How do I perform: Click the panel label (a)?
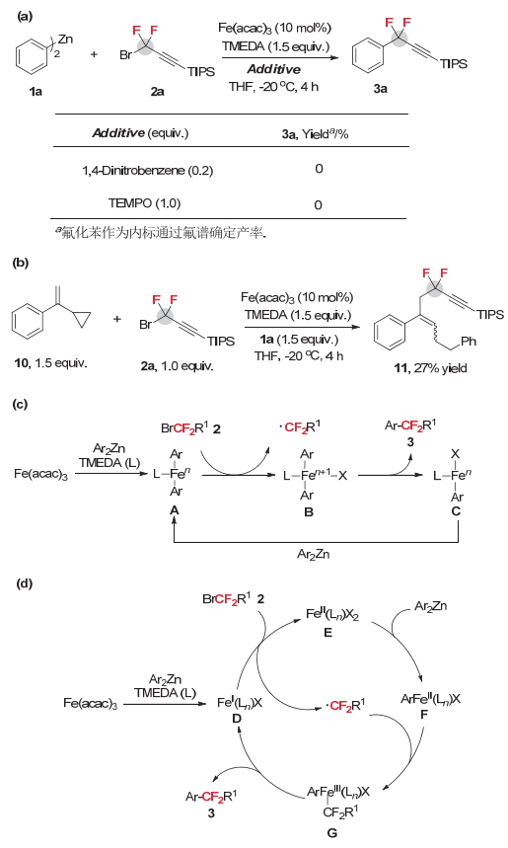pyautogui.click(x=25, y=16)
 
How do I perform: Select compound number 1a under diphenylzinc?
pyautogui.click(x=36, y=91)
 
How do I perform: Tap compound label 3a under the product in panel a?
pyautogui.click(x=380, y=88)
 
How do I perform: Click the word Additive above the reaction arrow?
pyautogui.click(x=274, y=69)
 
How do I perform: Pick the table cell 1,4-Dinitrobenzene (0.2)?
pyautogui.click(x=148, y=171)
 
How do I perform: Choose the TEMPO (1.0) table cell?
pyautogui.click(x=144, y=203)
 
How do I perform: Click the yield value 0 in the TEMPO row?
pyautogui.click(x=319, y=204)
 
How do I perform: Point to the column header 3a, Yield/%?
pyautogui.click(x=315, y=134)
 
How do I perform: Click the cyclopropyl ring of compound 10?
pyautogui.click(x=79, y=321)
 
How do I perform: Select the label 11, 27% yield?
pyautogui.click(x=430, y=368)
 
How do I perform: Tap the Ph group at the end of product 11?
pyautogui.click(x=468, y=342)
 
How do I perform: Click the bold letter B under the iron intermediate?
pyautogui.click(x=309, y=511)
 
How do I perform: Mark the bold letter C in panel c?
pyautogui.click(x=456, y=511)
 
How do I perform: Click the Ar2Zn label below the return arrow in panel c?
pyautogui.click(x=313, y=555)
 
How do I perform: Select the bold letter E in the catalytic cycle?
pyautogui.click(x=327, y=632)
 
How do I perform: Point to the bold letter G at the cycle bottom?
pyautogui.click(x=331, y=832)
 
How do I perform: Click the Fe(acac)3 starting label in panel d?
pyautogui.click(x=90, y=703)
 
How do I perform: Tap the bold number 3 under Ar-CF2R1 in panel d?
pyautogui.click(x=211, y=812)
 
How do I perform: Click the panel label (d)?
pyautogui.click(x=25, y=583)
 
